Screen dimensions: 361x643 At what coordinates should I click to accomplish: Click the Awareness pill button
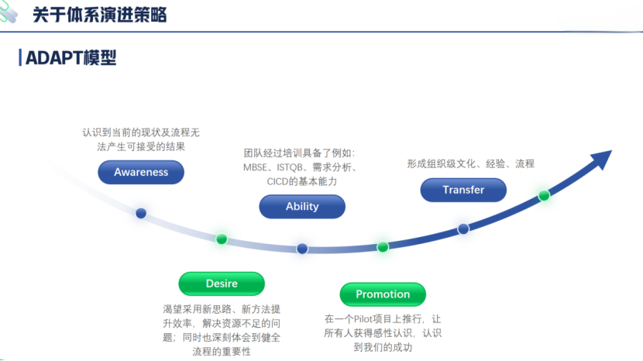tap(141, 172)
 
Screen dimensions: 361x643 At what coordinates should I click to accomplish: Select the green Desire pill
tap(222, 284)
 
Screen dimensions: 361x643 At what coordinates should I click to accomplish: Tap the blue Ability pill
tap(302, 206)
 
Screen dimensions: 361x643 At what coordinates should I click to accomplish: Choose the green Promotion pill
tap(383, 294)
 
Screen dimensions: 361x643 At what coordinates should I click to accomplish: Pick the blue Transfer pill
tap(463, 190)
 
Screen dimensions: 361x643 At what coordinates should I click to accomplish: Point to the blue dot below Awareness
tap(141, 213)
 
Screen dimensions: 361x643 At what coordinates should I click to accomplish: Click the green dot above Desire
tap(222, 239)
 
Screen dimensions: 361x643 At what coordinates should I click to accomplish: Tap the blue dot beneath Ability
tap(302, 249)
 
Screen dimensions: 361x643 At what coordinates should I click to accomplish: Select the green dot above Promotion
tap(383, 247)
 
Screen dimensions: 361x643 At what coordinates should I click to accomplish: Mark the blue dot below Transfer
tap(463, 229)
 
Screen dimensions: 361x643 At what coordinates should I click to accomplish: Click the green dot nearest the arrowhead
tap(544, 195)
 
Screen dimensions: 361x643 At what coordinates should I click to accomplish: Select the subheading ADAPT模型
tap(70, 58)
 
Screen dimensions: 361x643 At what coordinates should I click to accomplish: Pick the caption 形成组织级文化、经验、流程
tap(470, 163)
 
